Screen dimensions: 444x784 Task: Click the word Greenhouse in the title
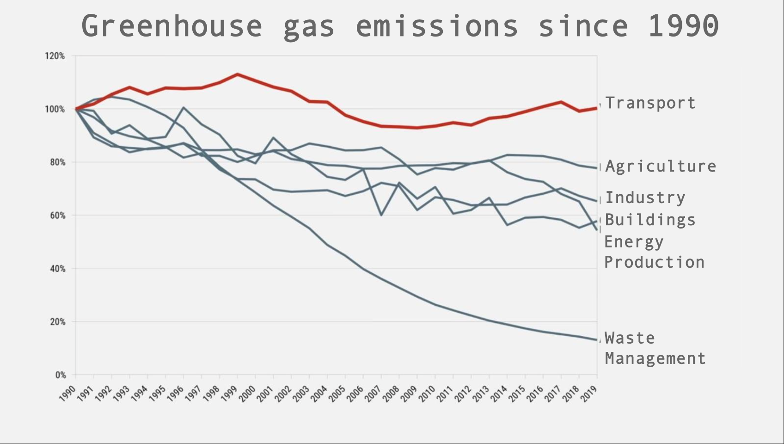point(171,26)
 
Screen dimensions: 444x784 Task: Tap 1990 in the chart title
point(683,26)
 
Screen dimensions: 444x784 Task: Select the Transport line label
point(650,103)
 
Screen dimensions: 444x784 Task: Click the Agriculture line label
point(660,166)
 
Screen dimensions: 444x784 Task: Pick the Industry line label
point(645,197)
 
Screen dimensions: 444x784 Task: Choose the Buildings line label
point(650,220)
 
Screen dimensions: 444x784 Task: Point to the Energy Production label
point(654,252)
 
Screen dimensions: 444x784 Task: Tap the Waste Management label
point(655,348)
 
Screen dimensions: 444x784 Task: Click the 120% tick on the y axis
point(55,56)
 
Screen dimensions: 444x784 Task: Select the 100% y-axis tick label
point(55,110)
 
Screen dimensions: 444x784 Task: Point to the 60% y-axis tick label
point(57,216)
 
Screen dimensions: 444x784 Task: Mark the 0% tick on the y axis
point(60,375)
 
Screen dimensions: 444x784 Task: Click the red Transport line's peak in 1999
point(237,74)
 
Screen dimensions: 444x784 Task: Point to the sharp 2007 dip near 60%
point(381,215)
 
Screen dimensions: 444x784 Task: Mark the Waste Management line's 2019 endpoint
point(596,340)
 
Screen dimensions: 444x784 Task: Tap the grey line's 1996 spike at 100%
point(184,108)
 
